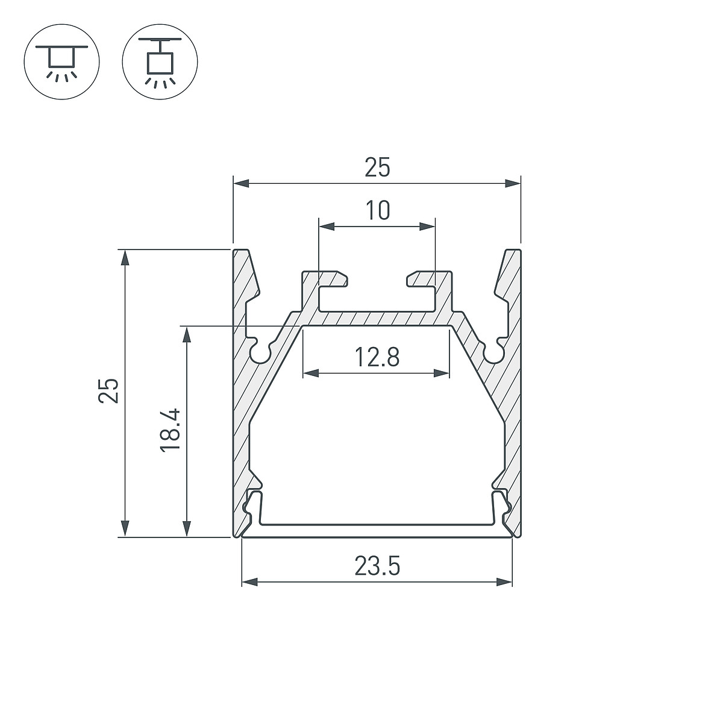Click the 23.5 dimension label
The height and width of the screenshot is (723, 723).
pos(377,566)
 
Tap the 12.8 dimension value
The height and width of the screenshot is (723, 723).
pos(377,357)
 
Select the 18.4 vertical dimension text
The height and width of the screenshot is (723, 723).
pos(171,430)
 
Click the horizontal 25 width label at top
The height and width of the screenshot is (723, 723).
pos(377,167)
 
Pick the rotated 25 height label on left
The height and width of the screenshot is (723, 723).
pos(108,391)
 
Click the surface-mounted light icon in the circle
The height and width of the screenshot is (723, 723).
pos(62,62)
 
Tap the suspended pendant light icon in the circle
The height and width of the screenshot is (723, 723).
pos(160,62)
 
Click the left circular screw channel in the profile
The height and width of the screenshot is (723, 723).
pos(260,351)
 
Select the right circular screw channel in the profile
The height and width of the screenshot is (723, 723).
pos(494,351)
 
